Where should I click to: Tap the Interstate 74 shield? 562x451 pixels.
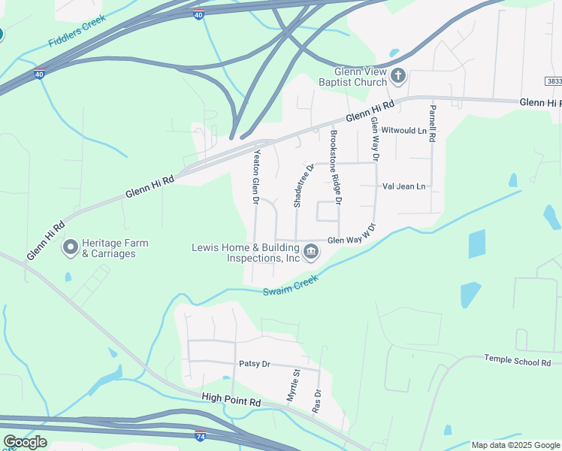coord(200,435)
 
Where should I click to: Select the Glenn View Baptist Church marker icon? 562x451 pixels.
coord(398,75)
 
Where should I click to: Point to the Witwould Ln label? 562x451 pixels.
coord(403,130)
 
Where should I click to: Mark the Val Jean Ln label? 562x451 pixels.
coord(403,186)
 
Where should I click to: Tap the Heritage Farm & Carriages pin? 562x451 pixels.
coord(71,247)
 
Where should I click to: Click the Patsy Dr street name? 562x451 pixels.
coord(254,364)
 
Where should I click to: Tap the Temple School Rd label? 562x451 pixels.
coord(518,362)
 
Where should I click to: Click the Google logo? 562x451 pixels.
coord(25,442)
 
